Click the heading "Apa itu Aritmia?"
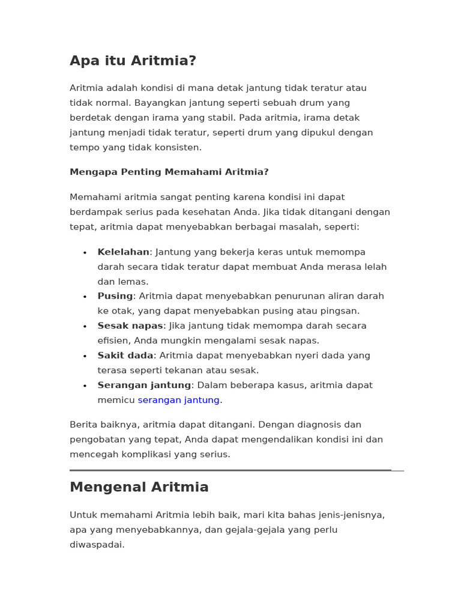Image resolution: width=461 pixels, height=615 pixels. pos(133,61)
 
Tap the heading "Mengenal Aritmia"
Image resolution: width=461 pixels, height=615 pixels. pos(139,487)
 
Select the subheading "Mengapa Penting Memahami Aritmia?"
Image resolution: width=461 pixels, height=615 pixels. pos(169,172)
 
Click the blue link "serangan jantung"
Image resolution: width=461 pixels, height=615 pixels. pos(179,400)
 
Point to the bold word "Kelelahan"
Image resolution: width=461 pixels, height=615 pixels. pos(123,252)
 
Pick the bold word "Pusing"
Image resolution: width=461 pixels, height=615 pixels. pos(115,296)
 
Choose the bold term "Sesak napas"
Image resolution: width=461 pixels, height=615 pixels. pos(130,326)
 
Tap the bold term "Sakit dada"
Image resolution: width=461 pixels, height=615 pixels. pos(125,356)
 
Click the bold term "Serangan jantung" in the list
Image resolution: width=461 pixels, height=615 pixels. pos(144,385)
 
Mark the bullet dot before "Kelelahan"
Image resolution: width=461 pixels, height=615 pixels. pos(85,253)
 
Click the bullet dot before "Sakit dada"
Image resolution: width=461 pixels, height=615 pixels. pos(85,356)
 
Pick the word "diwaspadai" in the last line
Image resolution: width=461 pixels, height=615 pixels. pos(96,545)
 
